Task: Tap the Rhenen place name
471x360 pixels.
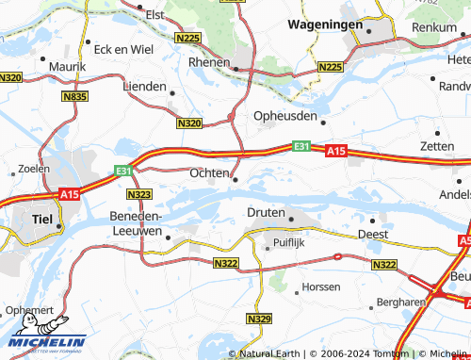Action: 210,62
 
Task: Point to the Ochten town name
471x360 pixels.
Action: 208,173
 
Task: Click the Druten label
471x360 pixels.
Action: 266,213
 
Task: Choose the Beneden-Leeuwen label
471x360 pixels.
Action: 138,223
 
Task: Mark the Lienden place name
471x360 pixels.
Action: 144,86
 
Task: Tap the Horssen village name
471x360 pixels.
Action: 319,286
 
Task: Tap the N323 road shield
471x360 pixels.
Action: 138,194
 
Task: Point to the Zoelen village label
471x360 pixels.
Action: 34,169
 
